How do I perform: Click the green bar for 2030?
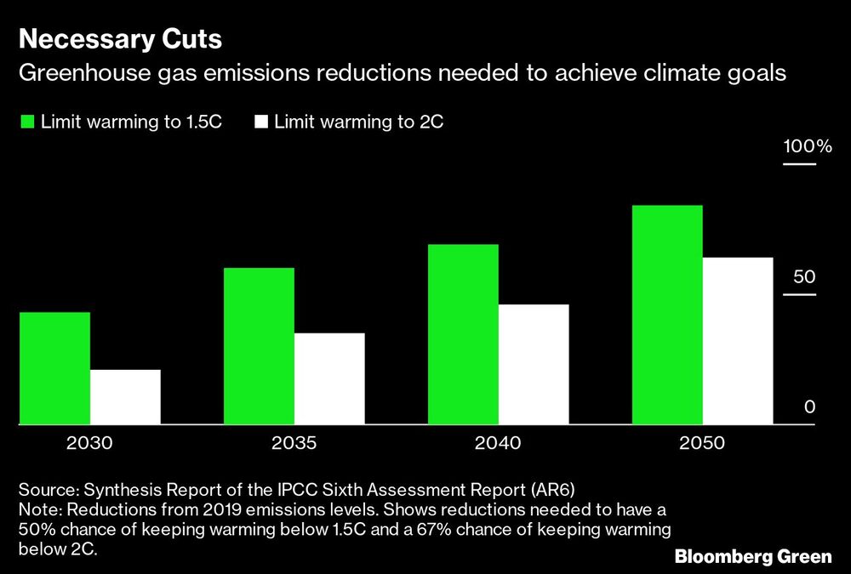[x=54, y=367]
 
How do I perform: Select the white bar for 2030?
[x=125, y=396]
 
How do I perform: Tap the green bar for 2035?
[x=259, y=345]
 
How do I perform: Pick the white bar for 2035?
[x=329, y=378]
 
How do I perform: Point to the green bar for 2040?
[x=463, y=333]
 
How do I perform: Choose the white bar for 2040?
[x=534, y=363]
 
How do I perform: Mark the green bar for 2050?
[x=667, y=314]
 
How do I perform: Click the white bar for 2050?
[x=738, y=340]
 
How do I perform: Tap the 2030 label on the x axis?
[x=89, y=444]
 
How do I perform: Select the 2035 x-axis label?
[x=294, y=444]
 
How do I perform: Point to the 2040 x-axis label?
[x=498, y=444]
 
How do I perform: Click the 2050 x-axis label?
[x=702, y=444]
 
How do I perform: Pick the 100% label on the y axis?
[x=807, y=146]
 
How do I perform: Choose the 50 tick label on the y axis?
[x=804, y=277]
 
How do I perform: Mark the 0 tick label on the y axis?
[x=810, y=407]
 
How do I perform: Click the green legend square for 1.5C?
[x=27, y=122]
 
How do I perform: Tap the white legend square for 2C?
[x=260, y=122]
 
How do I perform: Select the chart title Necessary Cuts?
[x=121, y=39]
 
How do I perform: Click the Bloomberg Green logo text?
[x=752, y=557]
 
